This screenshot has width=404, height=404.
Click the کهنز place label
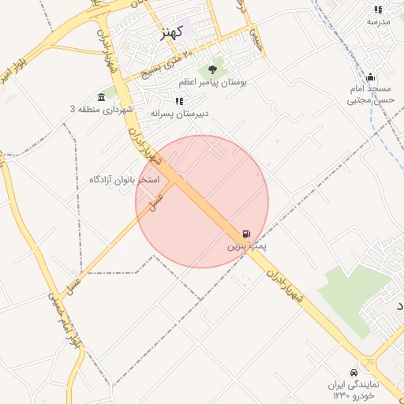pos(171,32)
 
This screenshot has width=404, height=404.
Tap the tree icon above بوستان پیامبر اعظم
pos(212,71)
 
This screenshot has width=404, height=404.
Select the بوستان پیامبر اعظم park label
pos(212,82)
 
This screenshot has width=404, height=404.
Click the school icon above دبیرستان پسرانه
pos(180,102)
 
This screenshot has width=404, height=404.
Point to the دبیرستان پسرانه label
pos(180,114)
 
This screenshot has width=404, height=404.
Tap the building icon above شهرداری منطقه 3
pos(102,96)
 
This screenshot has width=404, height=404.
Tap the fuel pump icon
pos(247,234)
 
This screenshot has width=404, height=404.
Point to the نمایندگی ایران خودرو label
pos(354,389)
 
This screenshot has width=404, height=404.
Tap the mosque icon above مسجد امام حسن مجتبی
pos(370,77)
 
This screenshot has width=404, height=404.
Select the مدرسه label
pos(378,21)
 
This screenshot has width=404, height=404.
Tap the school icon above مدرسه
pos(378,9)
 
